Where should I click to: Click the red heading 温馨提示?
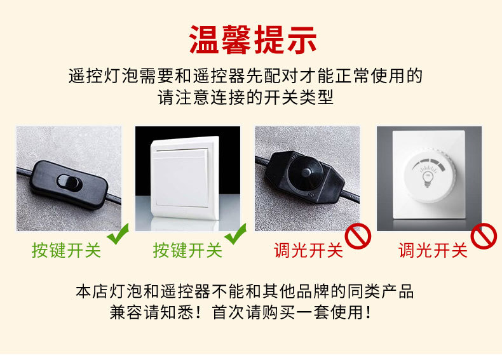[x=252, y=39]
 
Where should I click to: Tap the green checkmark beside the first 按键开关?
[x=117, y=237]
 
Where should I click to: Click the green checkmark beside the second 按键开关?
[x=236, y=237]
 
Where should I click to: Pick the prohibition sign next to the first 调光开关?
[x=357, y=237]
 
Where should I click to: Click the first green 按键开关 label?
[x=67, y=251]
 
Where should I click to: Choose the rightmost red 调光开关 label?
[x=433, y=251]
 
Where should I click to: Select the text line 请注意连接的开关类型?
[x=246, y=98]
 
